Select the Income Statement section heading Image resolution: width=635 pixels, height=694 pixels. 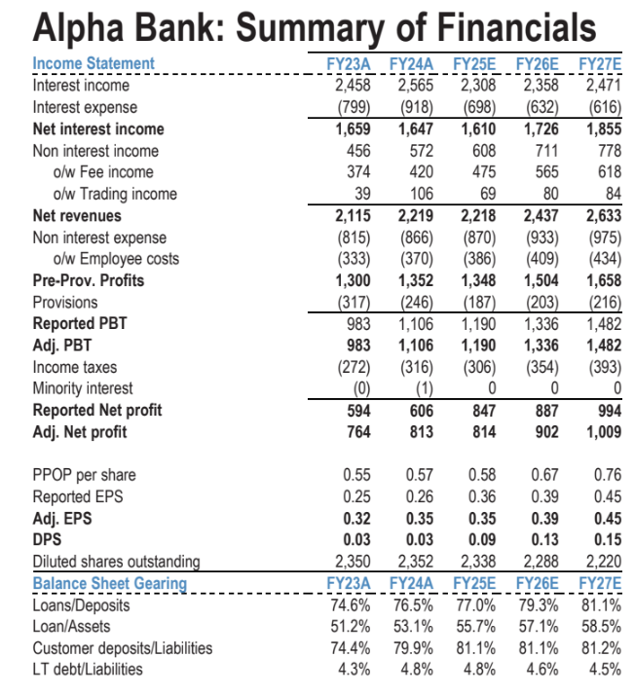click(x=93, y=63)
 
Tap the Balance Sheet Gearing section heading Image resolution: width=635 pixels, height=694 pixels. click(x=109, y=583)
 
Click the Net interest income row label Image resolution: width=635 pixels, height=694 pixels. click(x=98, y=128)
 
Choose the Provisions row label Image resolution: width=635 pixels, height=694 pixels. click(x=65, y=303)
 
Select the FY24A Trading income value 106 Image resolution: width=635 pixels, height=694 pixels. click(x=422, y=194)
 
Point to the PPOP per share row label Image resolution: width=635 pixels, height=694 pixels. click(x=85, y=475)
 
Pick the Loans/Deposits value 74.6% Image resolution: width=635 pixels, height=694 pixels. click(x=349, y=604)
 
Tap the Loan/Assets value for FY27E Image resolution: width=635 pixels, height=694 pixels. click(x=599, y=626)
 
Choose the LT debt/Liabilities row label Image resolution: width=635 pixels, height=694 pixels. click(x=88, y=670)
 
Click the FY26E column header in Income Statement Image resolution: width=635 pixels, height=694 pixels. click(x=540, y=64)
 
